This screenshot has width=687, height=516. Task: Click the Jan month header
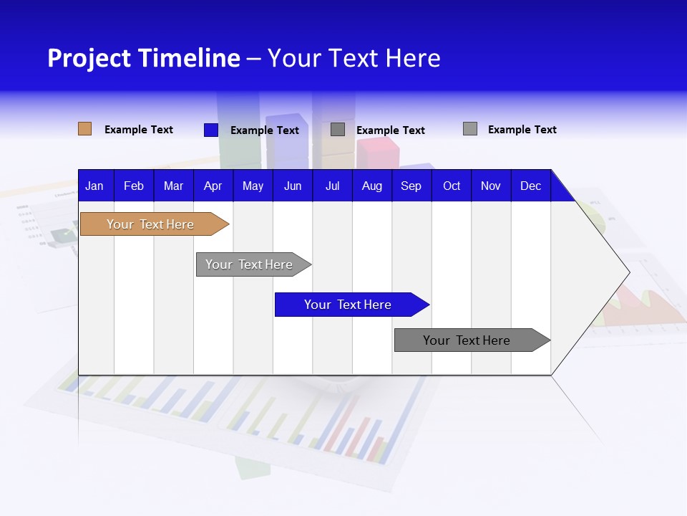pos(94,186)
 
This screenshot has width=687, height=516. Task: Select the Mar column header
pos(173,186)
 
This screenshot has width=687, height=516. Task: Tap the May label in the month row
pos(253,186)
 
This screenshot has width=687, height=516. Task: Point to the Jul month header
pos(332,186)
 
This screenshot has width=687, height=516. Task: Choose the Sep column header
pos(411,186)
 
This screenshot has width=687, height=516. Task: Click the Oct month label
pos(452,186)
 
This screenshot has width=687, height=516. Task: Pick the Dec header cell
pos(530,186)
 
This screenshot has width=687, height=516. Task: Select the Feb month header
pos(134,186)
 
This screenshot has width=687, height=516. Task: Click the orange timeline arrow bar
pos(150,224)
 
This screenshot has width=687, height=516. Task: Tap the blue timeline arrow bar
pos(348,305)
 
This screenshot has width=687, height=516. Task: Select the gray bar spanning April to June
pos(249,264)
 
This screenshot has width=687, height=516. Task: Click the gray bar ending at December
pos(467,340)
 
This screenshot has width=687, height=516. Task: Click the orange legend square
pos(85,129)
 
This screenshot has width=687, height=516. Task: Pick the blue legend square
pos(211,130)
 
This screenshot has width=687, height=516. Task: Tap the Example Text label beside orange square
pos(139,130)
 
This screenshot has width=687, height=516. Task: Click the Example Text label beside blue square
pos(265,130)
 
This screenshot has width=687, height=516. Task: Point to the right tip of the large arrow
pos(628,272)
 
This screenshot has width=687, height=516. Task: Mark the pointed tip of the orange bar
pos(228,224)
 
